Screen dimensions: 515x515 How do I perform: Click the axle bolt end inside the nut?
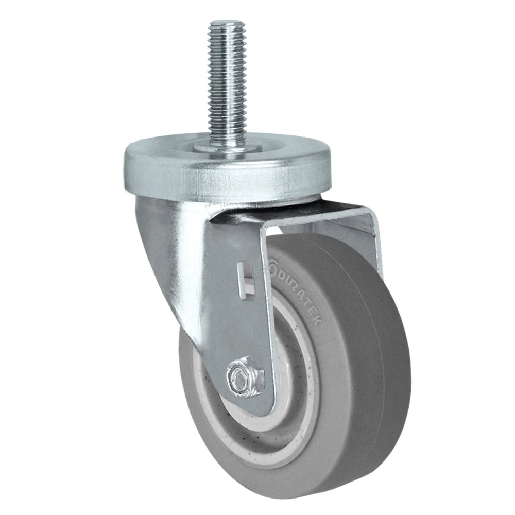[243, 375]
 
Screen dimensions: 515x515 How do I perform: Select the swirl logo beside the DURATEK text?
[272, 266]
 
